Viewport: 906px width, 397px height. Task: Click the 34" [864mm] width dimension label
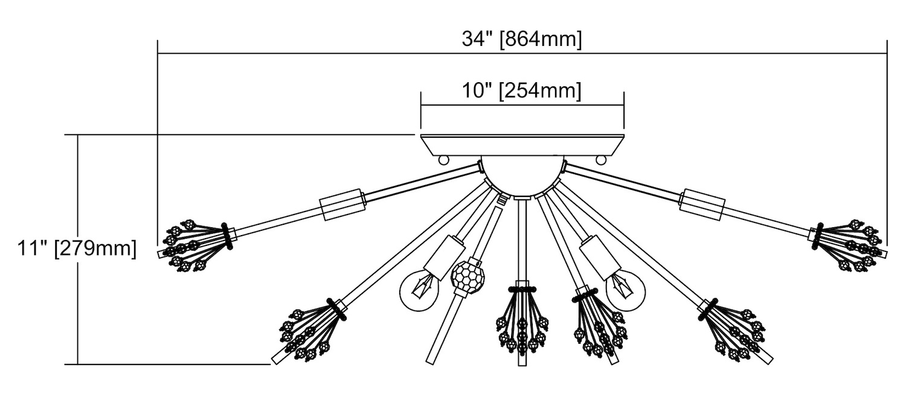[522, 39]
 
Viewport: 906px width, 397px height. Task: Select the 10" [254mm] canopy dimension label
[522, 91]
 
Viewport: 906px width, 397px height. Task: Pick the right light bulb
[626, 288]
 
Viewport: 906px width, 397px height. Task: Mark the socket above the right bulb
[600, 254]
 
